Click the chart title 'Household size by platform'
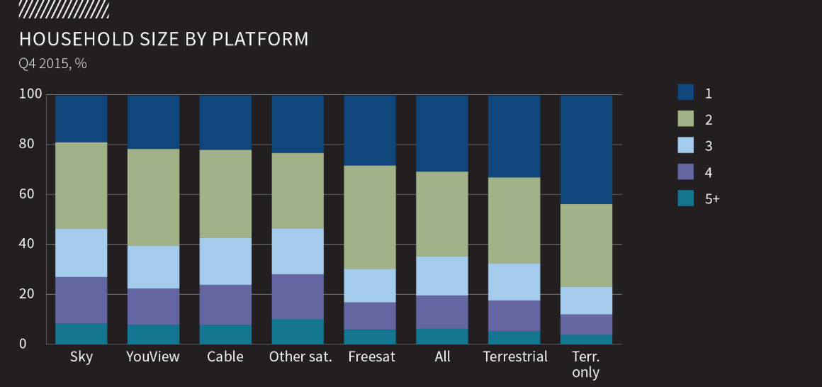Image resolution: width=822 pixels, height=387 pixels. click(164, 39)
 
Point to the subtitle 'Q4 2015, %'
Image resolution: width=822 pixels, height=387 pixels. click(52, 64)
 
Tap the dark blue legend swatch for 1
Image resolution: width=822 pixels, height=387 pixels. click(686, 93)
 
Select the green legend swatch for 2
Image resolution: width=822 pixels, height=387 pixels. click(686, 119)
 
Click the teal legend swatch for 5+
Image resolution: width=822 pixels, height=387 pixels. click(686, 199)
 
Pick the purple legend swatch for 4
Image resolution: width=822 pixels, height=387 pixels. click(686, 172)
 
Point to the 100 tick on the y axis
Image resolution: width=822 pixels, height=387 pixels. click(34, 94)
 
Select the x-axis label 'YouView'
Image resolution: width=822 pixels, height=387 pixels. click(153, 357)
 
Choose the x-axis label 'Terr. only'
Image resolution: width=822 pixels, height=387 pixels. click(586, 364)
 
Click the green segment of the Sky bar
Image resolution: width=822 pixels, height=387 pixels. click(81, 186)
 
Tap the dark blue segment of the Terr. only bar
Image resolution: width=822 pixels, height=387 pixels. click(586, 150)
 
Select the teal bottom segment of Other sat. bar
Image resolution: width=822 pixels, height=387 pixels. click(298, 332)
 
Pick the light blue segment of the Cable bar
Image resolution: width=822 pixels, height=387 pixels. click(225, 262)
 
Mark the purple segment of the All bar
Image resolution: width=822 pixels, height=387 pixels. click(442, 312)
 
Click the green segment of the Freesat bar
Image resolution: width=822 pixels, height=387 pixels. click(370, 218)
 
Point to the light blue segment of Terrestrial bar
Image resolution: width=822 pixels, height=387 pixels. click(514, 282)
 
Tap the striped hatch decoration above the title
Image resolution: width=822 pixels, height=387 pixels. click(64, 9)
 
